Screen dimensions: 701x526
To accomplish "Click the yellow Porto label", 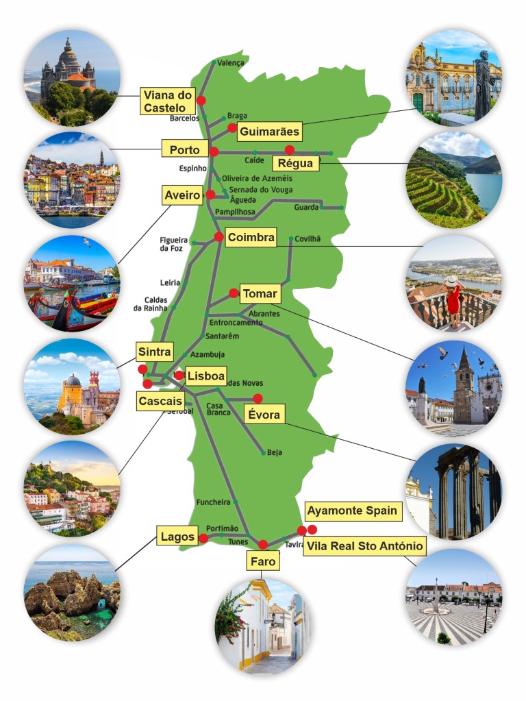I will point(184,149).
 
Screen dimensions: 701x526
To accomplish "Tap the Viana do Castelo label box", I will point(168,101).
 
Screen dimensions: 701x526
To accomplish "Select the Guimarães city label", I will point(269,132).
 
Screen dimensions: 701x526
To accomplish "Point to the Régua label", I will point(296,163).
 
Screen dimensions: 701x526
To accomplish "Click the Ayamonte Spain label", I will point(351,511).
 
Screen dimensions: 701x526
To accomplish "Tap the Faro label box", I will point(263,562).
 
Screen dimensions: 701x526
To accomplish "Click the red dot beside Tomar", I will point(234,293).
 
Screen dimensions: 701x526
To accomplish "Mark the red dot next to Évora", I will point(258,398).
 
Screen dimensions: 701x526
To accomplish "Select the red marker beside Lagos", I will point(203,539).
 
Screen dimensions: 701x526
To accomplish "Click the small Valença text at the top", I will point(230,62).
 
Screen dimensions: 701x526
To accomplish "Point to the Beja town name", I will point(274,452).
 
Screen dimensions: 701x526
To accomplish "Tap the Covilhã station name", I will point(308,239).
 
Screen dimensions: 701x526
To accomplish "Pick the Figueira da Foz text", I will point(173,244).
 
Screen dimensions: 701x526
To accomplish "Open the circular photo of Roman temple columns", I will point(453,491).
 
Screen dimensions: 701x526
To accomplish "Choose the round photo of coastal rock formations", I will point(72,593).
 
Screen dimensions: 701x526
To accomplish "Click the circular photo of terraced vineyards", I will point(453,180).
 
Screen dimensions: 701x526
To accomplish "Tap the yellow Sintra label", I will point(154,352).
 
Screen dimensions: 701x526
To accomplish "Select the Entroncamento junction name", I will point(236,322).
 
